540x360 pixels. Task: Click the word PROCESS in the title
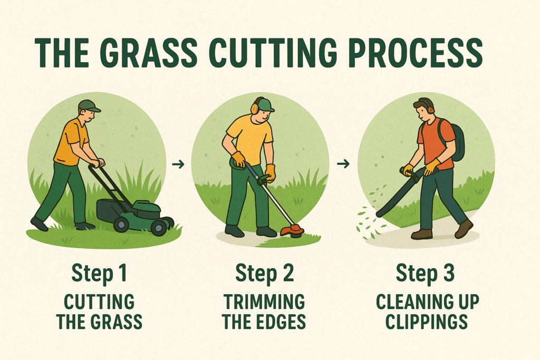[x=416, y=53]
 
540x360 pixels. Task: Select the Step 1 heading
[x=99, y=274]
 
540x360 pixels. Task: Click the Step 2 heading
[x=265, y=274]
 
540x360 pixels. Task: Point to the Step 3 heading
[x=426, y=274]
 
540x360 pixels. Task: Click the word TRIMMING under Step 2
[x=264, y=302]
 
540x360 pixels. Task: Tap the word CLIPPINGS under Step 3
[x=426, y=322]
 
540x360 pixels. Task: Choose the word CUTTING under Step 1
[x=99, y=302]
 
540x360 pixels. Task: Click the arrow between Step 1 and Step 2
[x=178, y=164]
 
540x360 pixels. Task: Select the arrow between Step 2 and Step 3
[x=343, y=164]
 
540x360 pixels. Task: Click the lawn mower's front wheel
[x=159, y=228]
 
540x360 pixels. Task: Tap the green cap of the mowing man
[x=89, y=105]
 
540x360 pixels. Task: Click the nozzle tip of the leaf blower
[x=379, y=215]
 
